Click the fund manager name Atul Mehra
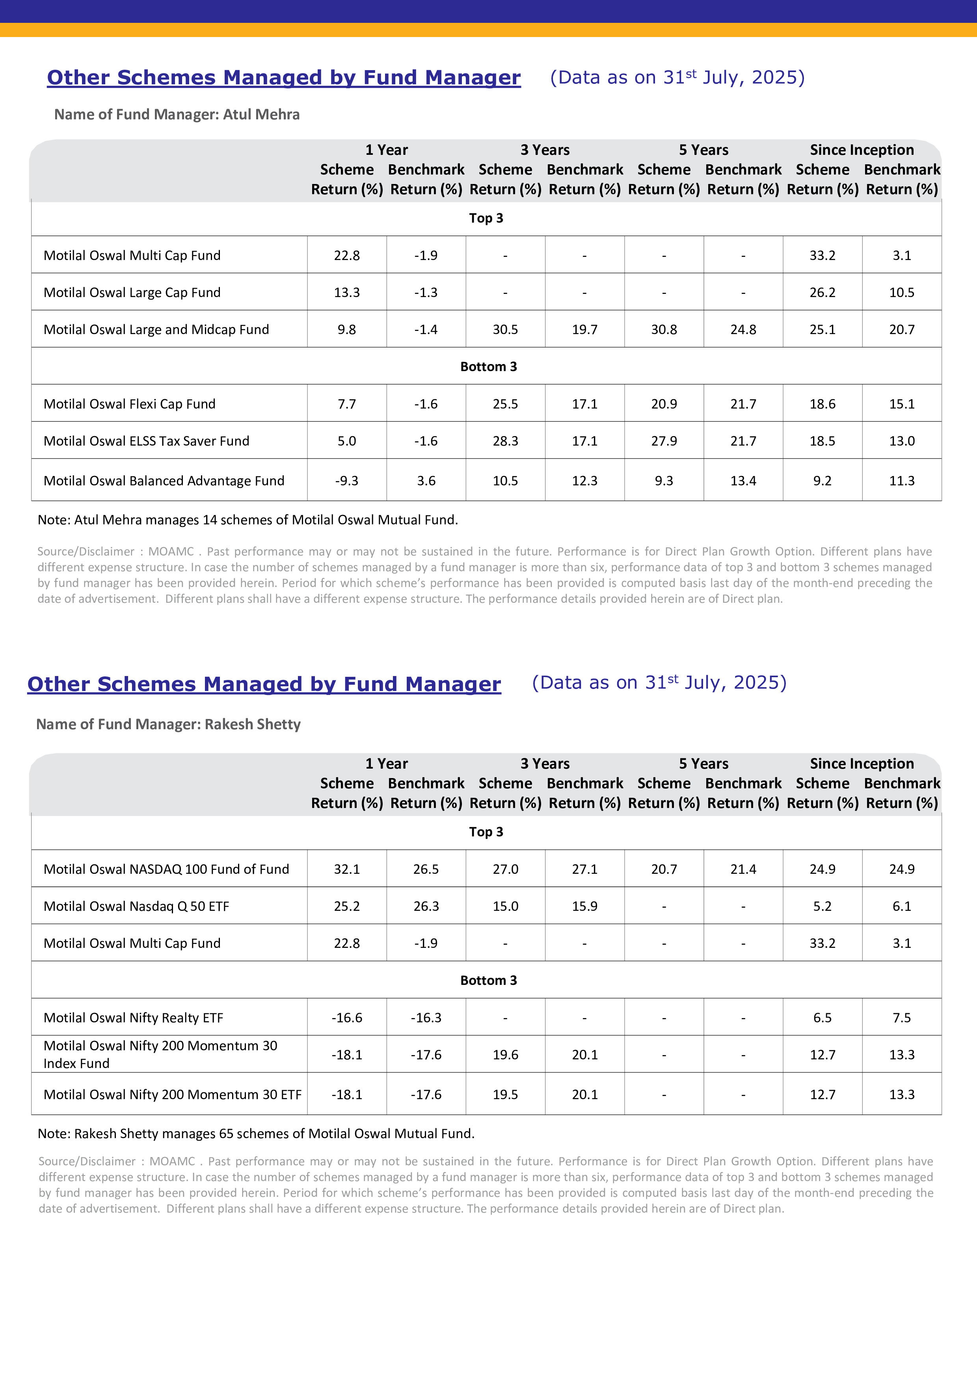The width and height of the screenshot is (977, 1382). click(261, 114)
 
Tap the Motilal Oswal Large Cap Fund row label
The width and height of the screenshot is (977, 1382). click(132, 293)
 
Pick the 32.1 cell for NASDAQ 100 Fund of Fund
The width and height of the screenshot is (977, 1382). click(347, 869)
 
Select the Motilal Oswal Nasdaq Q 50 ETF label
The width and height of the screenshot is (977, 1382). click(136, 906)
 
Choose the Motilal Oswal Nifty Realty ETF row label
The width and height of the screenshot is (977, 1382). click(133, 1018)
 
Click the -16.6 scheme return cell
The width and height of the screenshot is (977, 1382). click(347, 1018)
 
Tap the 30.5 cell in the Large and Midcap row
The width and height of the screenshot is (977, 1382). click(505, 330)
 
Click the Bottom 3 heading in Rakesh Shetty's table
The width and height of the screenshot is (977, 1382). click(488, 981)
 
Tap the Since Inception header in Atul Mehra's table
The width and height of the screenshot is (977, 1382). click(862, 150)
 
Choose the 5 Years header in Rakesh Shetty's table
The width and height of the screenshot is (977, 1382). click(703, 764)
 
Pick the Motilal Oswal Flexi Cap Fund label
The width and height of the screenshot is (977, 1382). click(129, 404)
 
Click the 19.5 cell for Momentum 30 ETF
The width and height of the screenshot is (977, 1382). click(505, 1094)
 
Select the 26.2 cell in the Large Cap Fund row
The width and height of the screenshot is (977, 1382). click(822, 293)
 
